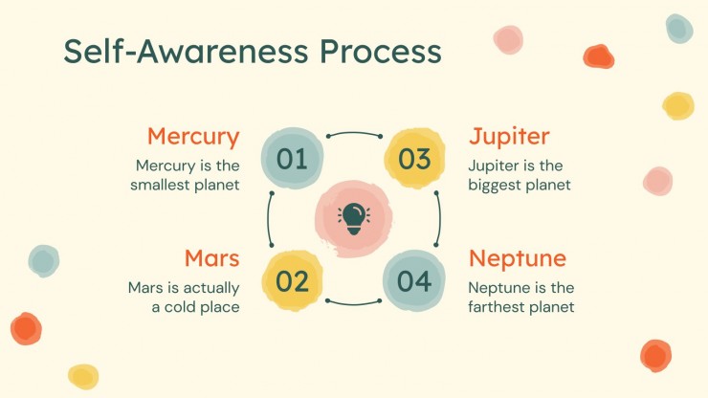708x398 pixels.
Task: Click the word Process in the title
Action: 380,52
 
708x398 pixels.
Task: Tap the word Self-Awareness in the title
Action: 186,51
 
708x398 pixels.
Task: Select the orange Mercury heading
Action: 193,138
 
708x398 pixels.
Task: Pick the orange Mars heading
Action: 211,258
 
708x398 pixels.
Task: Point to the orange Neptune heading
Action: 518,259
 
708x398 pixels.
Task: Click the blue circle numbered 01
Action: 292,158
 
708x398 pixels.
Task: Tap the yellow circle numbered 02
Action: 292,280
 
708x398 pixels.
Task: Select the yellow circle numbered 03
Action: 414,159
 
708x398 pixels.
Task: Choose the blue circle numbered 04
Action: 414,280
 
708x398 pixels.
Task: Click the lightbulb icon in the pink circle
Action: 354,219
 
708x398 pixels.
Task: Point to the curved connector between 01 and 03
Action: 354,133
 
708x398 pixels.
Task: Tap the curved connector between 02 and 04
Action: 354,303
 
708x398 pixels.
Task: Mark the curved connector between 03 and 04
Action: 439,219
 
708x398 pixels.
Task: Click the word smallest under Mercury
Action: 160,185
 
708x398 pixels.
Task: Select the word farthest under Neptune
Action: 497,307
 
